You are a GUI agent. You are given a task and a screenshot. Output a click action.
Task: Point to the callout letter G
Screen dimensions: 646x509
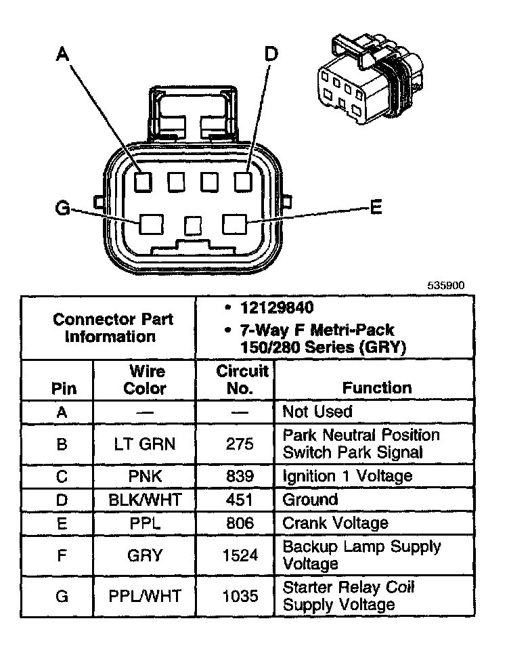(63, 209)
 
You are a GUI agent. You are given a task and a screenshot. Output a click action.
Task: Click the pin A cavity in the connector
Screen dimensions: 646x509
(143, 181)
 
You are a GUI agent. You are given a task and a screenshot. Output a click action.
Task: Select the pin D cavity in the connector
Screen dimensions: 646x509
(243, 181)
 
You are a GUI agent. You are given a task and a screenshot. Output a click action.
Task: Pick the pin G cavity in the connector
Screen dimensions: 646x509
(150, 223)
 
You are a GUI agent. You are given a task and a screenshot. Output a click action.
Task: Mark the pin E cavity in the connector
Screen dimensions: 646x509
(234, 223)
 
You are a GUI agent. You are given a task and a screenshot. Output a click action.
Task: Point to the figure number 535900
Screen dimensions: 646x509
(445, 286)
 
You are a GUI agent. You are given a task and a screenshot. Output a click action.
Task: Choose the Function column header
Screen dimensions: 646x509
(376, 388)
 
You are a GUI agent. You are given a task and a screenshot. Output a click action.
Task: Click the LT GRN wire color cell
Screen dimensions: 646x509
(145, 444)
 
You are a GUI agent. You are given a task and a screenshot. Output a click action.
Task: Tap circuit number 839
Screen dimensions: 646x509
(240, 476)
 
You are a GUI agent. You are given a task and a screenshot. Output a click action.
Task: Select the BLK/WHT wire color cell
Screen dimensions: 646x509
(145, 500)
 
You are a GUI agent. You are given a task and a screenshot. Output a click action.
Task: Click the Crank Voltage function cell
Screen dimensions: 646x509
(336, 523)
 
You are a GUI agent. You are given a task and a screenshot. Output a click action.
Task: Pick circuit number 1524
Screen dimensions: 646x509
(240, 555)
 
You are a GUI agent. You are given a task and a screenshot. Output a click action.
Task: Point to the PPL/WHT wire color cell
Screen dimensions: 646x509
(145, 597)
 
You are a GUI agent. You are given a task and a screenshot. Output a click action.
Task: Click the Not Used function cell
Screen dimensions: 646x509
(317, 412)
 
